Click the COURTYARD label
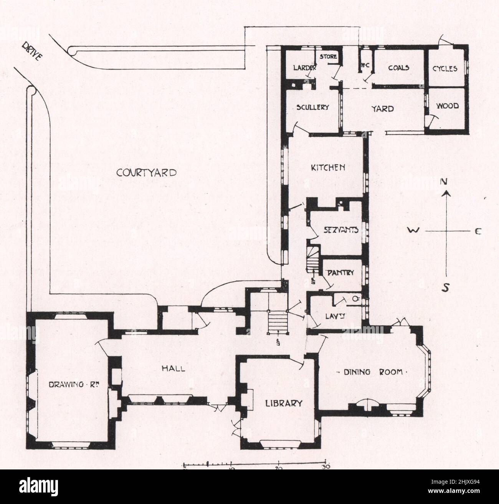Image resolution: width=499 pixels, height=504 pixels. (x=147, y=173)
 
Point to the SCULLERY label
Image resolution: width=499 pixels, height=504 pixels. (x=312, y=107)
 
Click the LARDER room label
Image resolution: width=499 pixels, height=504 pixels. (x=304, y=68)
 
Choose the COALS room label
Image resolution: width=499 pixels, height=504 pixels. (x=398, y=68)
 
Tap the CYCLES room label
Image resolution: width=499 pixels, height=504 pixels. (x=445, y=69)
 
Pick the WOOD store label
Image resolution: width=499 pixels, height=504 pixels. (x=448, y=106)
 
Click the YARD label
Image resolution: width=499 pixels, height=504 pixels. (x=383, y=109)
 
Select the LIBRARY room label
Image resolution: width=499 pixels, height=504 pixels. (x=284, y=403)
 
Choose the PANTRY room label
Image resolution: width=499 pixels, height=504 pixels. (x=340, y=273)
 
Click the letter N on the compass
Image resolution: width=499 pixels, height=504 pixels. (x=444, y=182)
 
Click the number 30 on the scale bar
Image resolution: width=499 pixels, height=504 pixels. (x=326, y=467)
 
